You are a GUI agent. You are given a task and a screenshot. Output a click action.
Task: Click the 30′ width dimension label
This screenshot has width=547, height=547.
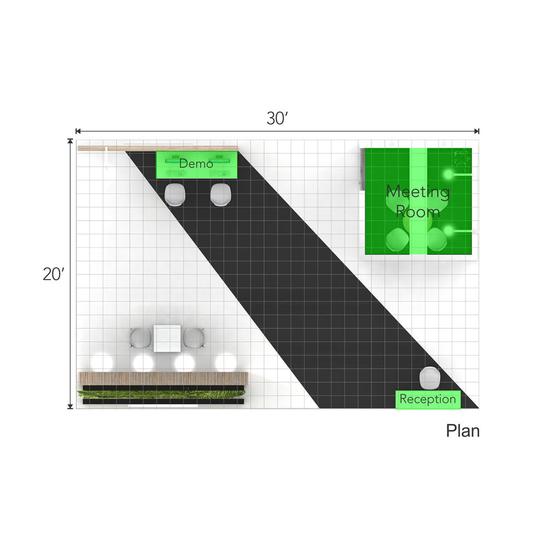(277, 118)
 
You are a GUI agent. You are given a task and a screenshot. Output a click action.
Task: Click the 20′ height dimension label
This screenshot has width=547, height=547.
(54, 274)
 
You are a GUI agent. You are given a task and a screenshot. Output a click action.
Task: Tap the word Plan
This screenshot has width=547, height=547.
(463, 431)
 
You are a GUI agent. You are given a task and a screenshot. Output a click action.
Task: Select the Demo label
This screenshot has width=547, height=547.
(196, 163)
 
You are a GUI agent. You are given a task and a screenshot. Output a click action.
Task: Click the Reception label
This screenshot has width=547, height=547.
(428, 399)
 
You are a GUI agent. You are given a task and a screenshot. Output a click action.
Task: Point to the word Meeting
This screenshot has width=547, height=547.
(418, 192)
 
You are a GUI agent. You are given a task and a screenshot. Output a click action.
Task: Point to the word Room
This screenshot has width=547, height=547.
(417, 212)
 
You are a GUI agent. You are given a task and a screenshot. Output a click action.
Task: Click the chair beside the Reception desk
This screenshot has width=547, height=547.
(429, 378)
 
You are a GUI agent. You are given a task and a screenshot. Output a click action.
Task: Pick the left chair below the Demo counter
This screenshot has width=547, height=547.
(175, 194)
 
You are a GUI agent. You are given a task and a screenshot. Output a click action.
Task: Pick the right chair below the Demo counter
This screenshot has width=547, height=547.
(220, 194)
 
